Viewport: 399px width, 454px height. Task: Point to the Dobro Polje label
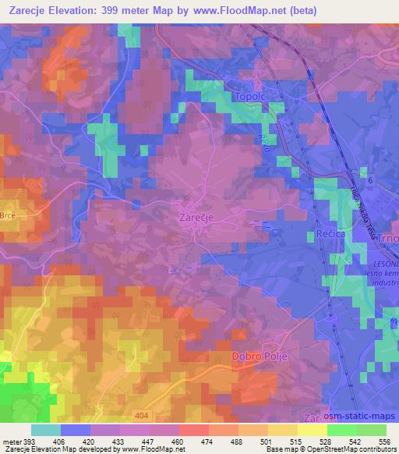[260, 356]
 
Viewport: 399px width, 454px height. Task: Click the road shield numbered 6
[371, 180]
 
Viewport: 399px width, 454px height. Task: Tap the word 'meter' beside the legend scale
[11, 441]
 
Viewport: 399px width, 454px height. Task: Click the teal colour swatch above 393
[46, 430]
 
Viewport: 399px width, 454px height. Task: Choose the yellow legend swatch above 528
[312, 430]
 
